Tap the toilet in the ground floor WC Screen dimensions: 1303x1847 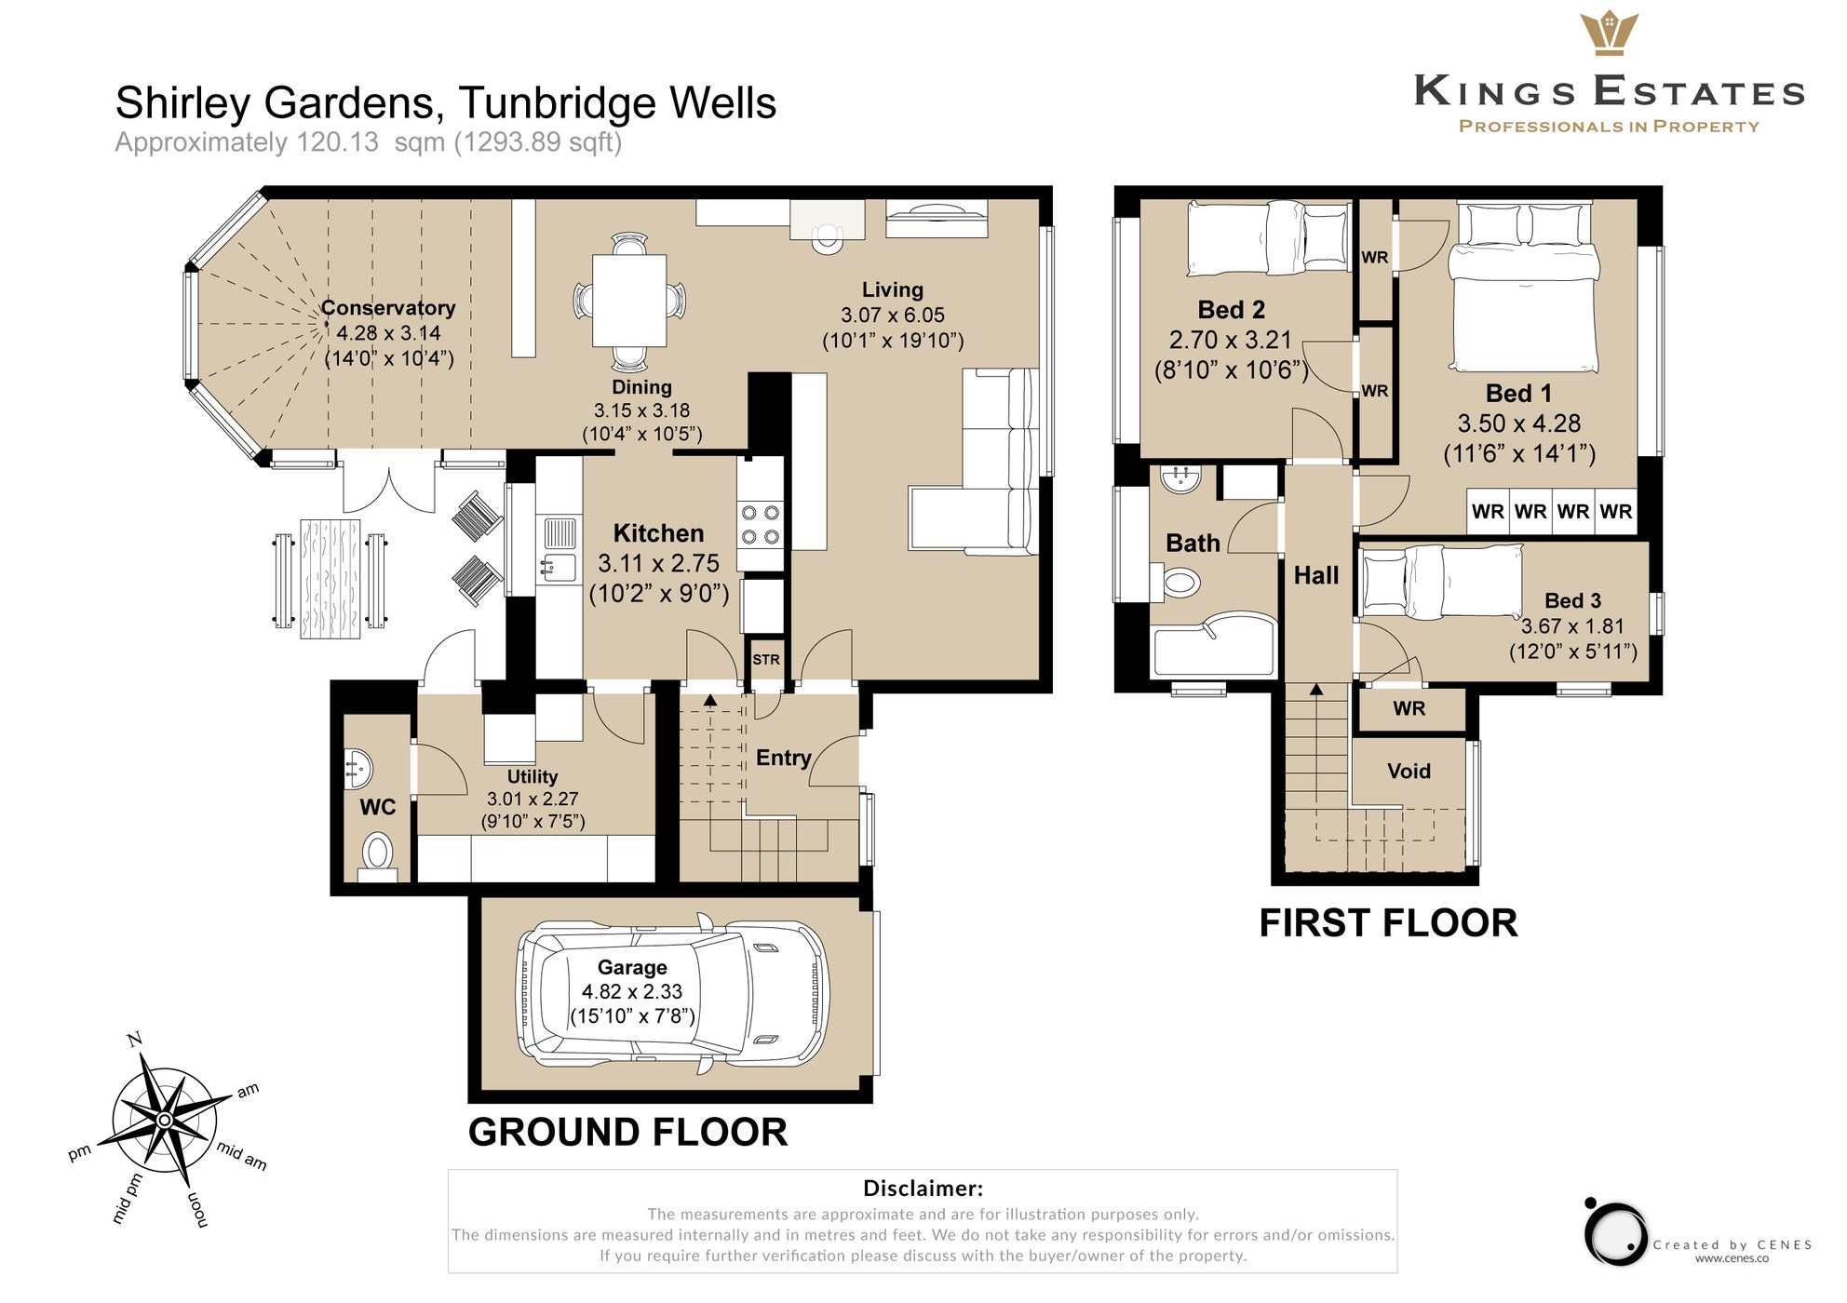click(377, 852)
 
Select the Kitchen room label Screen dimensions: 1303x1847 click(658, 533)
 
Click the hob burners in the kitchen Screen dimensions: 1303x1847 click(760, 525)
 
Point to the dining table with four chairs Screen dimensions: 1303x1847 click(629, 301)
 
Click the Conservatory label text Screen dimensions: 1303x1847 click(388, 308)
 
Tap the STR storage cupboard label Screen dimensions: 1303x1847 click(765, 660)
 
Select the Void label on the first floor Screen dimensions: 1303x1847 click(1409, 771)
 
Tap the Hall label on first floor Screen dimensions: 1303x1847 click(1316, 576)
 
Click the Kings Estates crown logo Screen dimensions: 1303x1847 click(1609, 34)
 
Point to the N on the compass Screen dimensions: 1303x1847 click(135, 1040)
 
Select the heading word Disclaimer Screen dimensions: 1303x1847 click(922, 1189)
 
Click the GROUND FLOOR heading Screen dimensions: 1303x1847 click(627, 1133)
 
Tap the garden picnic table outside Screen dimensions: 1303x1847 click(330, 579)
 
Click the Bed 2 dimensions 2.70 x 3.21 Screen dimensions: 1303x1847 click(1230, 340)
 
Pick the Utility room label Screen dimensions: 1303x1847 click(533, 776)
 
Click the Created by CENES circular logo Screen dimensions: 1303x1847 click(1616, 1234)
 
